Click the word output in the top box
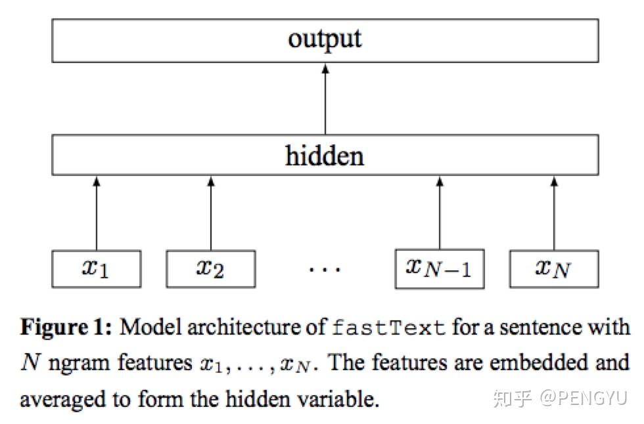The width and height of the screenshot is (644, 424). tap(325, 39)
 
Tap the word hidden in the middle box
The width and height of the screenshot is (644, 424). tap(325, 156)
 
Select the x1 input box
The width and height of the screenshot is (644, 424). tap(96, 268)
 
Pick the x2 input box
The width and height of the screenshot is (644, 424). tap(210, 268)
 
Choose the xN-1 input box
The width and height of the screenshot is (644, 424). tap(439, 268)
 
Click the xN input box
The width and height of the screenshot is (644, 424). tap(553, 268)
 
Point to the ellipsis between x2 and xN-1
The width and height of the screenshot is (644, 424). tap(325, 270)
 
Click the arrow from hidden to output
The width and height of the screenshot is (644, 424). tap(325, 98)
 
